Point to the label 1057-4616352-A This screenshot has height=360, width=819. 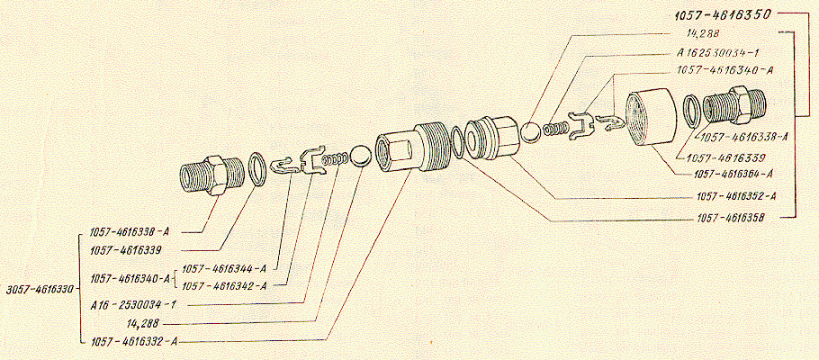[x=737, y=196]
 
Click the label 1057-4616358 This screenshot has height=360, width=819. [x=731, y=218]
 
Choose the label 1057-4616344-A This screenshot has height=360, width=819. [x=223, y=269]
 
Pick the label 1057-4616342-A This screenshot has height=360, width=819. [x=223, y=286]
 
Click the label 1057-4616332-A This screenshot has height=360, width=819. [x=134, y=342]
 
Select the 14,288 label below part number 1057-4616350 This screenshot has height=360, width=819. [x=703, y=33]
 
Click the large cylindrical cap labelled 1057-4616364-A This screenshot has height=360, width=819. [x=651, y=119]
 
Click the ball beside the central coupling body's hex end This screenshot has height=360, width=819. [x=360, y=157]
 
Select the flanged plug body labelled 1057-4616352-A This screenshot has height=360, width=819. [x=493, y=138]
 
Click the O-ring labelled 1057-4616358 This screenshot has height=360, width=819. [x=456, y=141]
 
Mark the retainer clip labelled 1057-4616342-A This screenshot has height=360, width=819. [x=312, y=160]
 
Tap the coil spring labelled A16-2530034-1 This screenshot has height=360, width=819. [x=336, y=159]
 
